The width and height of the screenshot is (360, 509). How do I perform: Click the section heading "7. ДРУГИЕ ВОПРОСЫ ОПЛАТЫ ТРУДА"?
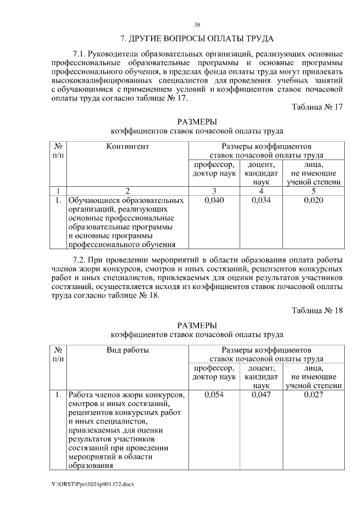point(197,39)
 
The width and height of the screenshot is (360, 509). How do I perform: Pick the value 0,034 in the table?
point(262,200)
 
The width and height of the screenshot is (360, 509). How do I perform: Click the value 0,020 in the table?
point(313,200)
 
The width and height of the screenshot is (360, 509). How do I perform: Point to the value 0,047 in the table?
point(262,395)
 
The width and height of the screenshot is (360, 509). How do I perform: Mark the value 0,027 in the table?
point(313,395)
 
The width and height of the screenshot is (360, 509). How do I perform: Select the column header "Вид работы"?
point(128,350)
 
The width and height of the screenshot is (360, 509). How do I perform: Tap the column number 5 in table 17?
point(313,191)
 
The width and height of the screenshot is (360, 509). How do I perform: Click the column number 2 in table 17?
point(128,191)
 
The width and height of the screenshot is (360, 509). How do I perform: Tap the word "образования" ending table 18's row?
point(89,465)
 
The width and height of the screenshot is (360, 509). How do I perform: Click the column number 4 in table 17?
point(262,191)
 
